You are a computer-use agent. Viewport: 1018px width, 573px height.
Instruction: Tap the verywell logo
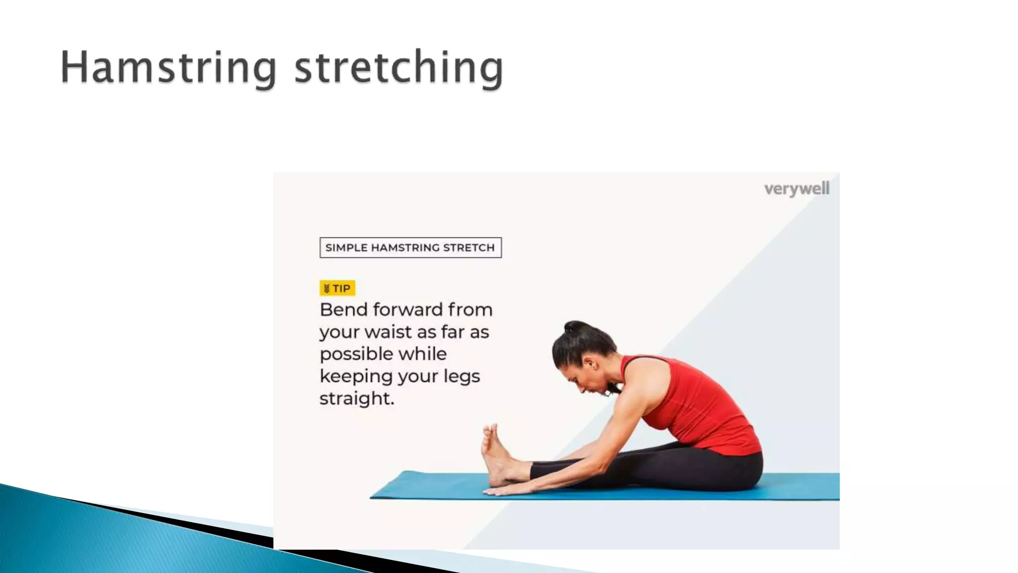pyautogui.click(x=796, y=189)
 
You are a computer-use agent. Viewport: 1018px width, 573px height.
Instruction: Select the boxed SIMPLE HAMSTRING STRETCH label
pyautogui.click(x=410, y=248)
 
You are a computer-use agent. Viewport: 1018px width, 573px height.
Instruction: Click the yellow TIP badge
pyautogui.click(x=337, y=288)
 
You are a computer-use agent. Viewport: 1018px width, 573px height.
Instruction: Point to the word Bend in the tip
pyautogui.click(x=343, y=309)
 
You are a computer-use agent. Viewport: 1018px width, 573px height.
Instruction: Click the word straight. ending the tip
pyautogui.click(x=356, y=398)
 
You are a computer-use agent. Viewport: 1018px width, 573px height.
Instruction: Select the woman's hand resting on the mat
pyautogui.click(x=502, y=491)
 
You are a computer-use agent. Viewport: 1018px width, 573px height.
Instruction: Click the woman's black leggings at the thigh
pyautogui.click(x=696, y=465)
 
